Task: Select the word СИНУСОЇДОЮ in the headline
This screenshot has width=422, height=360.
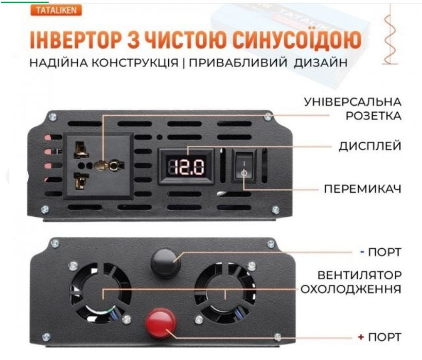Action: pos(291,39)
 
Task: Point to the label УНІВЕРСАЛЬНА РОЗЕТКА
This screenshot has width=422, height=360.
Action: pos(353,108)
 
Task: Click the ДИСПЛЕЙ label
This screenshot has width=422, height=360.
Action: pos(370,146)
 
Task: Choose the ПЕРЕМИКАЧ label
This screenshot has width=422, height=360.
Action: pos(362,188)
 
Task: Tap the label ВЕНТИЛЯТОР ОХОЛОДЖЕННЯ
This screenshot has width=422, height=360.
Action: pos(351,281)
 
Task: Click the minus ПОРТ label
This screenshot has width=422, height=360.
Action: pos(380,252)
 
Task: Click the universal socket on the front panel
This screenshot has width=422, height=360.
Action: pos(98,165)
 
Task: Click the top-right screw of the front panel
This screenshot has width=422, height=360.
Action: pos(268,117)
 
